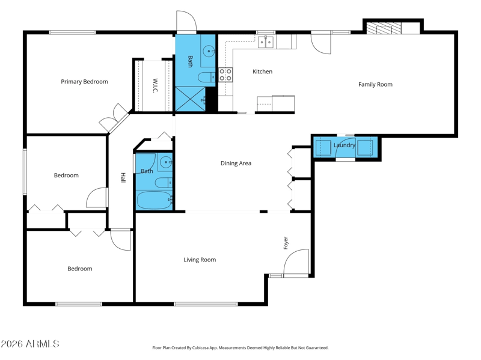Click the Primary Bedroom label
point(84,82)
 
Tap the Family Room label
point(375,84)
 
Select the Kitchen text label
point(262,72)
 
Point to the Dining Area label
point(236,163)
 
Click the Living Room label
point(200,260)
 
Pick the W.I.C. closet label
point(155,85)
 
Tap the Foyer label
point(286,243)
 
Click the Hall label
point(123,177)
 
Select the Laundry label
point(345,145)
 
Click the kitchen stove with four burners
point(225,75)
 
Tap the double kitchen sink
point(266,42)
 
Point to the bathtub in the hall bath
point(155,200)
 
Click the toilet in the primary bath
point(206,77)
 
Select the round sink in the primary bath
point(209,51)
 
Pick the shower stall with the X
point(190,99)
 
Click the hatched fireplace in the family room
point(384,28)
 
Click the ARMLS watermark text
point(29,344)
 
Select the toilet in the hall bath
point(163,183)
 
